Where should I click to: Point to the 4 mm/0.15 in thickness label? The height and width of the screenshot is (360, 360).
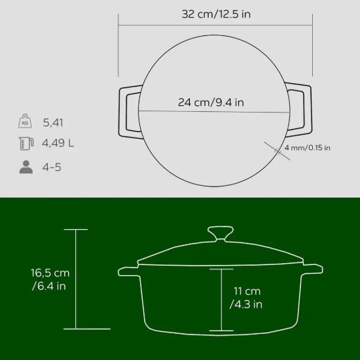coord(308,147)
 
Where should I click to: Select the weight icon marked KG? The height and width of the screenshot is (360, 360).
coord(26,122)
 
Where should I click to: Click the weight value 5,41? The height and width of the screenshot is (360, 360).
coord(53,122)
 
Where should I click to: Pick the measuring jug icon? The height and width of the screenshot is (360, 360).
coord(26,144)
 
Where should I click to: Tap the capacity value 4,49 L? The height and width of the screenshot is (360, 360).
coord(58,144)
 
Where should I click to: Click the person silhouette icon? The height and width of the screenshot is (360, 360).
coord(26,167)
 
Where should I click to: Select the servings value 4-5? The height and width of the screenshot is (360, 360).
coord(52,167)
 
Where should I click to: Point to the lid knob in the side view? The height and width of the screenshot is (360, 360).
coord(221,233)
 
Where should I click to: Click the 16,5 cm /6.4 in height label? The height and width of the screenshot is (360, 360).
coord(50,279)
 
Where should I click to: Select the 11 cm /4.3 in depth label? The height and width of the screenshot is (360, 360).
coord(246,297)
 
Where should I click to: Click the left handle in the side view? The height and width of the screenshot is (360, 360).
coord(127,270)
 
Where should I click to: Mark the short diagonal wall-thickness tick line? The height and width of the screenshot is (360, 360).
coord(276,149)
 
